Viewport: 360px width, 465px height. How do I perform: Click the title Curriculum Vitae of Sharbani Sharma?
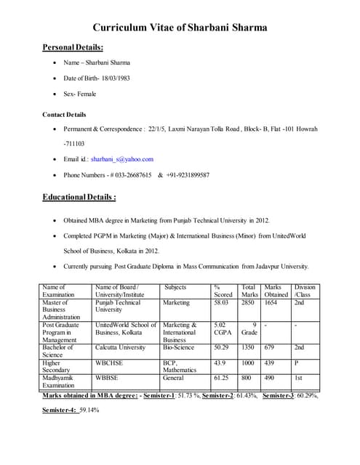click(x=180, y=28)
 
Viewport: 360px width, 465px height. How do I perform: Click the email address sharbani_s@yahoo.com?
click(x=122, y=159)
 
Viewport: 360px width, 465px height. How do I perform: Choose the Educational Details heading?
click(x=79, y=197)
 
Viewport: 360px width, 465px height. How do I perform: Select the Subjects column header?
click(x=176, y=288)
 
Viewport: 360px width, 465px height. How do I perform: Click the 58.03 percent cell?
click(x=222, y=303)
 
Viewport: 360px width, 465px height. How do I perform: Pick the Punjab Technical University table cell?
click(x=118, y=307)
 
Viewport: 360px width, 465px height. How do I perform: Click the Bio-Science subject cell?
click(x=179, y=348)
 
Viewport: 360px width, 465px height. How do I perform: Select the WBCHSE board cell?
click(x=108, y=363)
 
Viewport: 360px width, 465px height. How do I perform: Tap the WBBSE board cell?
click(x=106, y=379)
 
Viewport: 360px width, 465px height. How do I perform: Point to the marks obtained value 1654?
click(x=271, y=303)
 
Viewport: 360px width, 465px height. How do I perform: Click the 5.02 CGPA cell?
click(x=223, y=329)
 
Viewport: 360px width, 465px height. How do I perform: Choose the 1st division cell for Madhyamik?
click(x=299, y=379)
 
